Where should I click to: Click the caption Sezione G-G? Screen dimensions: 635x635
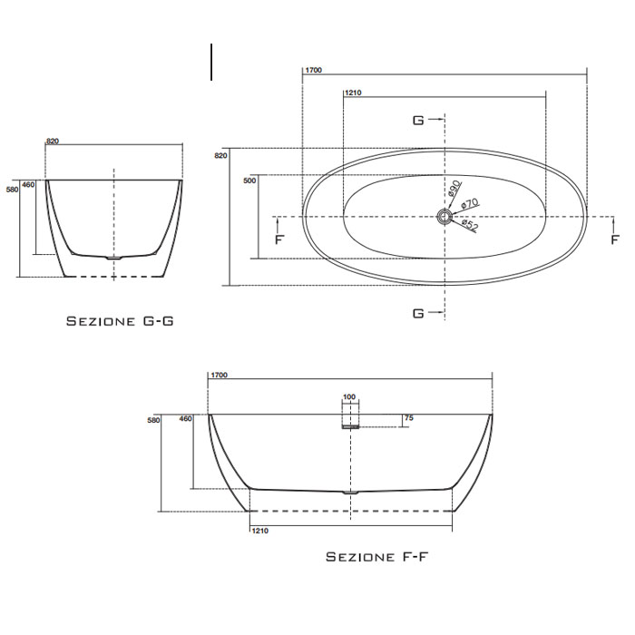[120, 321]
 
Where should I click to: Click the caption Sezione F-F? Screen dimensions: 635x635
[376, 556]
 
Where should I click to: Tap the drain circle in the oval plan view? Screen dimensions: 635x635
[444, 217]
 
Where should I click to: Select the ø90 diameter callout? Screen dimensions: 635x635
[454, 189]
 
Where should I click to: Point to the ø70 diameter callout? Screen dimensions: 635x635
[469, 206]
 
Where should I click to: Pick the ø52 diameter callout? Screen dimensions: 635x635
[469, 226]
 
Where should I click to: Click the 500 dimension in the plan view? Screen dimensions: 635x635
[250, 181]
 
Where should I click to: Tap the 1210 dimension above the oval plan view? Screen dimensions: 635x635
[353, 93]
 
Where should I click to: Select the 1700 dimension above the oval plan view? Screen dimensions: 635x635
[313, 70]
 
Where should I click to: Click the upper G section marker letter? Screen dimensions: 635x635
[418, 120]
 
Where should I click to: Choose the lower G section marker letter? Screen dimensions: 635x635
[418, 313]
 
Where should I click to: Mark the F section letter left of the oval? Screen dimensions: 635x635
[278, 239]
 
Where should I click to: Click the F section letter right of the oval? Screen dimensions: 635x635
[616, 239]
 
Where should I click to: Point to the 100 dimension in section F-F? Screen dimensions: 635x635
[349, 397]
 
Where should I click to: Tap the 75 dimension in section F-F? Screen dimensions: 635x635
[408, 418]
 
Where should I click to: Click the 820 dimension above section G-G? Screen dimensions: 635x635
[52, 142]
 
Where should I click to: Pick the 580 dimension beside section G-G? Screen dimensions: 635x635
[12, 190]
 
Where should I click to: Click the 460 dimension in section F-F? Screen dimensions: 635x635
[186, 418]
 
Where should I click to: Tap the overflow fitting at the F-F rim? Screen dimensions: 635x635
[350, 421]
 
